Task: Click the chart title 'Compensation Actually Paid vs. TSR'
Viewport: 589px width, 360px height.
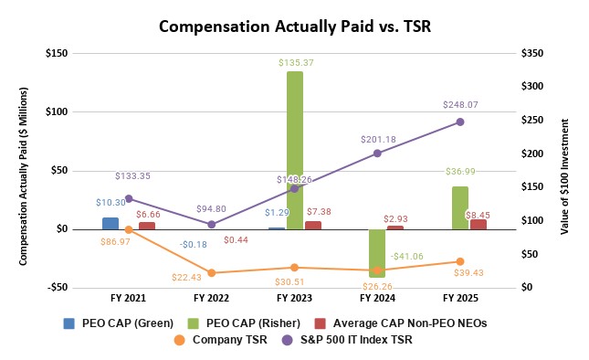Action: click(293, 26)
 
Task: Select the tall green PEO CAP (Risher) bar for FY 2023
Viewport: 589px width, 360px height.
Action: click(294, 150)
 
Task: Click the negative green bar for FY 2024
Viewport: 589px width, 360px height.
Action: click(377, 253)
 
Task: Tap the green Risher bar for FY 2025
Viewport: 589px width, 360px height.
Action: click(460, 207)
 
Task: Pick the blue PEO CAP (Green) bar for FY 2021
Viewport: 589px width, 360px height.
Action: click(110, 223)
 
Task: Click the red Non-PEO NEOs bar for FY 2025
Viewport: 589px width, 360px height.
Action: click(479, 224)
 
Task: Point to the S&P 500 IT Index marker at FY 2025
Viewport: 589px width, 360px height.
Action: click(460, 122)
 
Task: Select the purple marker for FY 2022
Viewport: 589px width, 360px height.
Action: click(211, 224)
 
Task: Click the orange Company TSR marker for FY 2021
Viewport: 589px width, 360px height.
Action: click(128, 229)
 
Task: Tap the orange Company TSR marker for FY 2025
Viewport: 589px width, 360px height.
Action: click(460, 261)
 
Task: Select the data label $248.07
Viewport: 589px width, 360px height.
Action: click(460, 104)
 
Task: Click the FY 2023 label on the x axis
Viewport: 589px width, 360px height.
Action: click(294, 298)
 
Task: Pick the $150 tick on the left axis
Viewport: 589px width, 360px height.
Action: click(57, 53)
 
